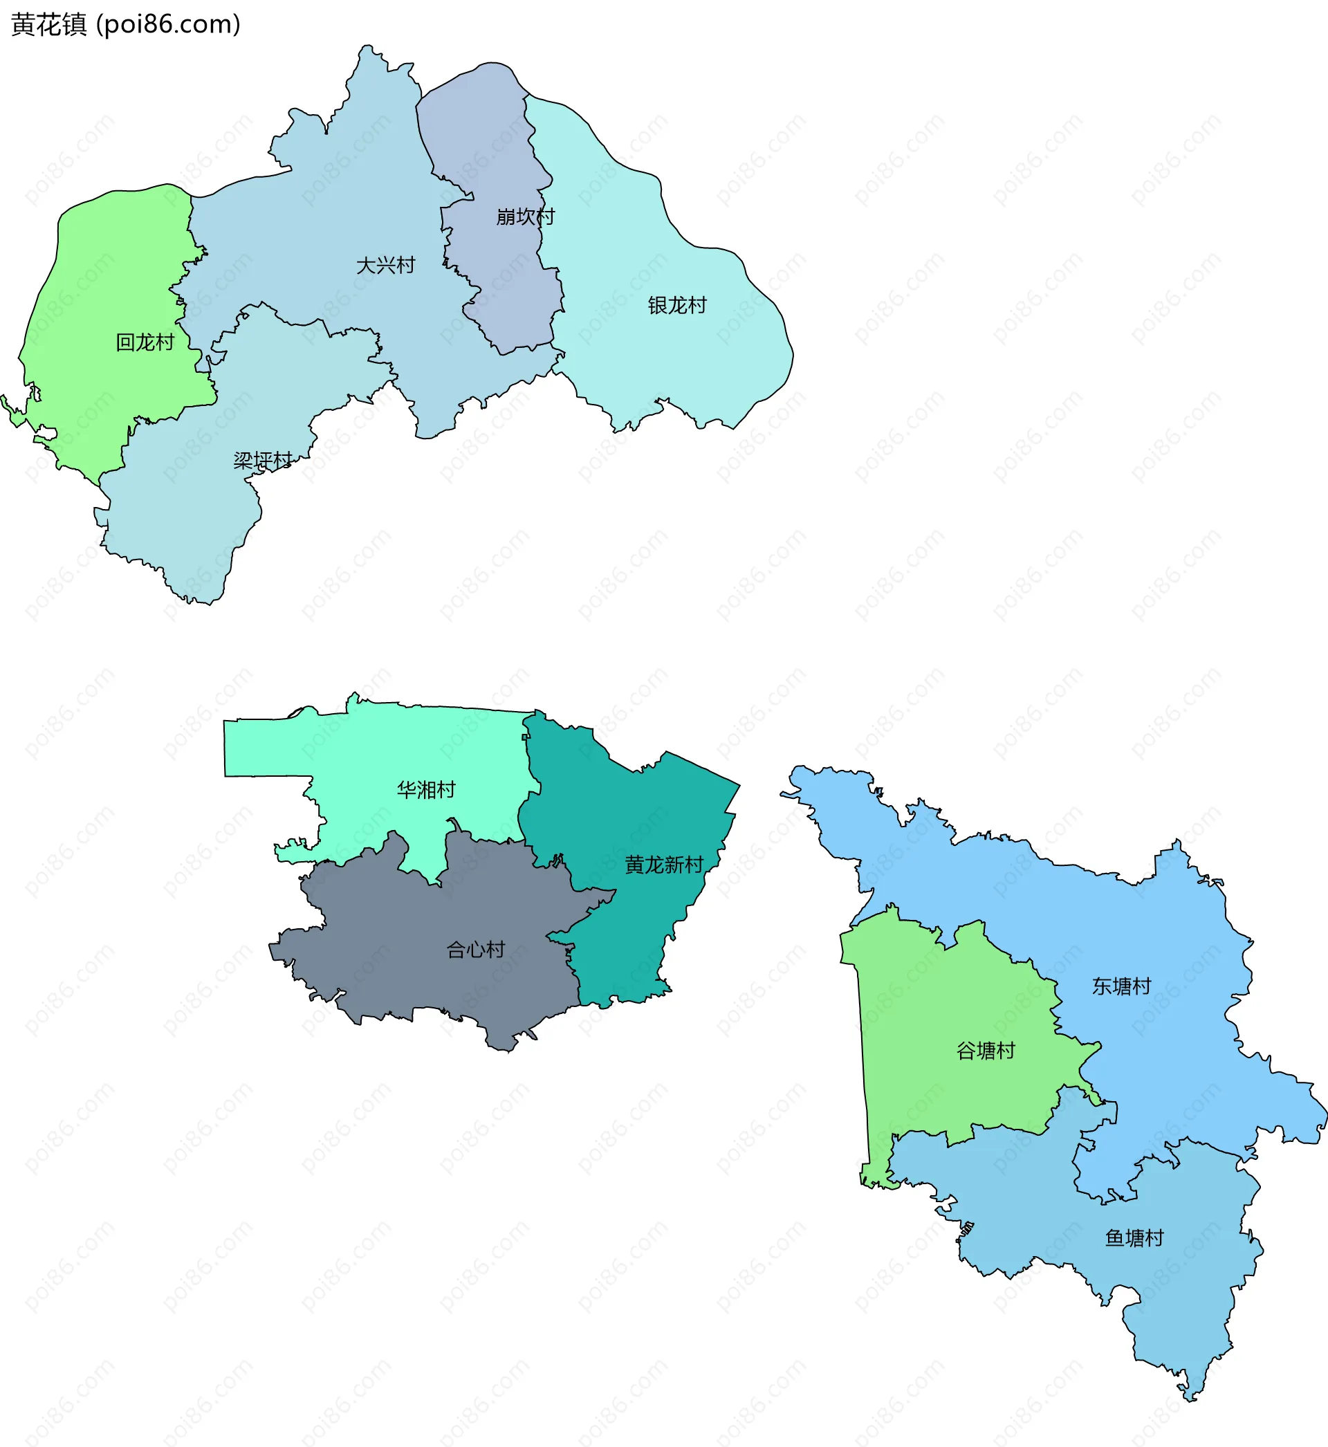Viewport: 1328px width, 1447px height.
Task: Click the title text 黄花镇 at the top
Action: point(49,25)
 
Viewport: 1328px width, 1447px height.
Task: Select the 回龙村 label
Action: point(145,342)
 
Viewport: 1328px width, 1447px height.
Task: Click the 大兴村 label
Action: point(386,265)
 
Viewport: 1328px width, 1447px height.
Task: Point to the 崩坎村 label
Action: point(525,216)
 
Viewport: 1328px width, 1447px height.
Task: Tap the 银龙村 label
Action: point(677,305)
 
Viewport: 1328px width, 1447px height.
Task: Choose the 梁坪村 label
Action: point(263,461)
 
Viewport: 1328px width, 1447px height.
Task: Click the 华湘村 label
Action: point(426,790)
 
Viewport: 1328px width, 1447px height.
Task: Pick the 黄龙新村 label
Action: point(664,865)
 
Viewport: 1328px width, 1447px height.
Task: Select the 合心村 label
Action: point(476,949)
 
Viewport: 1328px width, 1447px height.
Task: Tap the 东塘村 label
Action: point(1122,986)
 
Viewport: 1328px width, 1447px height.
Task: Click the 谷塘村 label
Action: point(986,1051)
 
